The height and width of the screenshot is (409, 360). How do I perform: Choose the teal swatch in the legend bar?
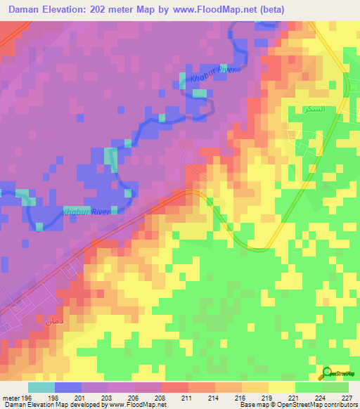pyautogui.click(x=41, y=387)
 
